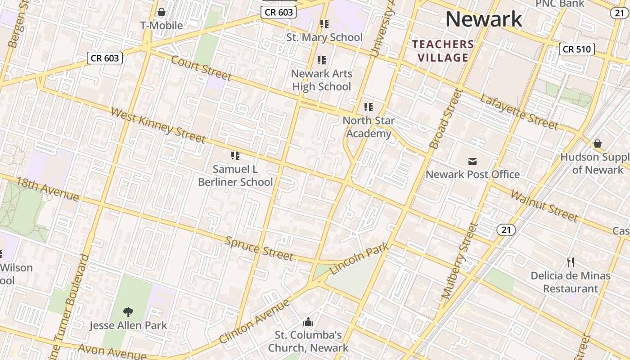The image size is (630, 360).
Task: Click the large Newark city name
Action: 484,19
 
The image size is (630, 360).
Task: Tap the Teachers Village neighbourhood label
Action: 443,51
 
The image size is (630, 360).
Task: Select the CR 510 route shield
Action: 576,49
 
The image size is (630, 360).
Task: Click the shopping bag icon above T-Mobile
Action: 162,12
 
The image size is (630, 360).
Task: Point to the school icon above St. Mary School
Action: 324,24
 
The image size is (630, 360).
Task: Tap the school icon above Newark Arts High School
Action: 322,60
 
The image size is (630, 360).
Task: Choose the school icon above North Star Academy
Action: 369,107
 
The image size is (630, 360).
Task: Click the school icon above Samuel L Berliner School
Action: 235,156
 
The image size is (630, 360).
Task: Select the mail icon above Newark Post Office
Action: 472,161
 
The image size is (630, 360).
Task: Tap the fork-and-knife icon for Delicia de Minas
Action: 571,262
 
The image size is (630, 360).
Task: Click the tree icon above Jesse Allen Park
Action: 128,312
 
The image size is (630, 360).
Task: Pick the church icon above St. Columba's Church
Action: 308,322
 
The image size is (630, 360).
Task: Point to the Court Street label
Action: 201,68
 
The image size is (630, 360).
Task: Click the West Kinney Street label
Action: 158,125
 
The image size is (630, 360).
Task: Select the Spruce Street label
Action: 259,248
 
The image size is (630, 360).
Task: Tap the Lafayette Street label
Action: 519,112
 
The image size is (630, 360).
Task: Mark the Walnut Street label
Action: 544,206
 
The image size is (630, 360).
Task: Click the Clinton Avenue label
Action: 255,321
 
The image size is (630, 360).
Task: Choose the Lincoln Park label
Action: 360,260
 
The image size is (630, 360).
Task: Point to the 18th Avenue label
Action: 48,189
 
